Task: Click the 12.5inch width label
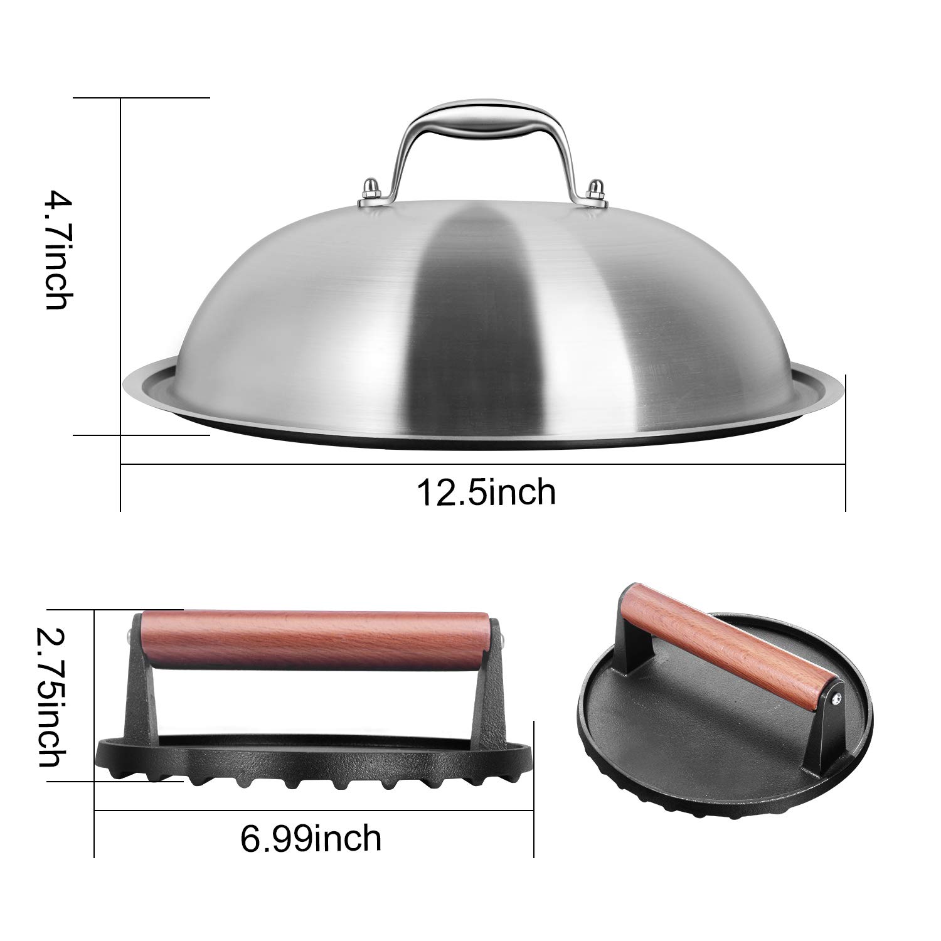487,493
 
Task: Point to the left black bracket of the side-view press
139,703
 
